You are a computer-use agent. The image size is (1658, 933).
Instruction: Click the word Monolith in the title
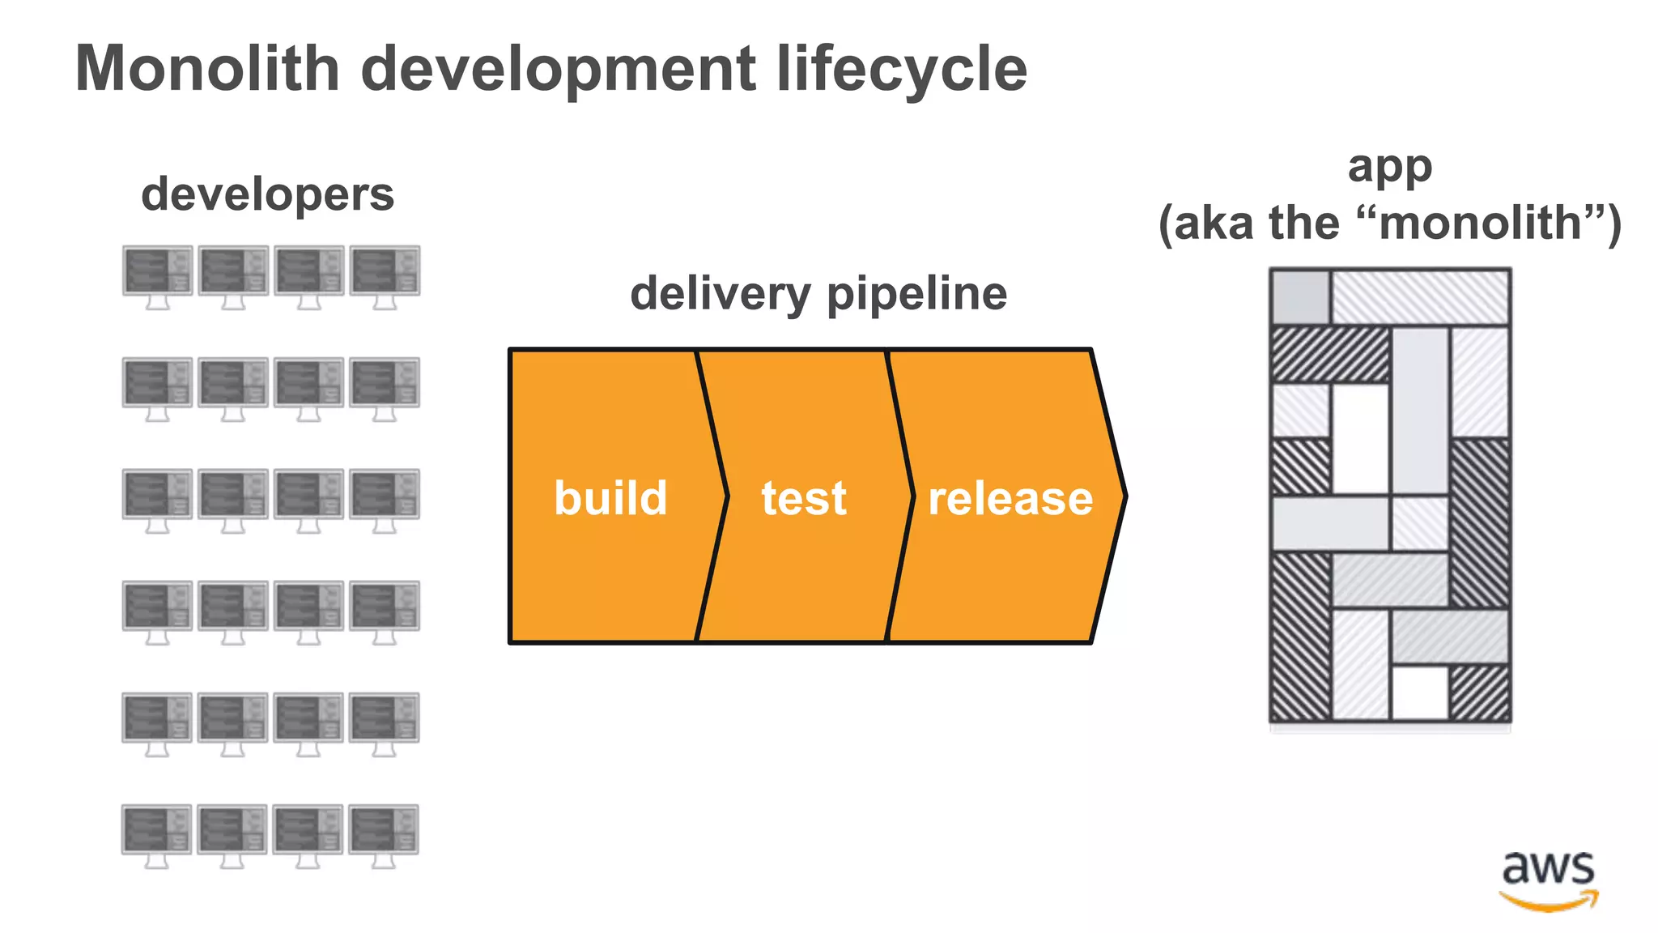click(x=207, y=69)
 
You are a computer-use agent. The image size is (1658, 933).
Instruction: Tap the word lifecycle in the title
click(x=901, y=69)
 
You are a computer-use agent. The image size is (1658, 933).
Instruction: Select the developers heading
click(x=267, y=194)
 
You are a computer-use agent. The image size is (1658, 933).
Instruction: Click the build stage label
click(x=610, y=497)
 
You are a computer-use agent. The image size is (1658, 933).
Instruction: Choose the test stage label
click(x=803, y=497)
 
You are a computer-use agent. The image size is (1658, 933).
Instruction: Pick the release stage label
click(x=1010, y=497)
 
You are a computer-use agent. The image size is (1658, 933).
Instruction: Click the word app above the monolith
click(x=1389, y=168)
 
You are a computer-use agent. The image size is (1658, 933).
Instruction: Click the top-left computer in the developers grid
click(x=157, y=276)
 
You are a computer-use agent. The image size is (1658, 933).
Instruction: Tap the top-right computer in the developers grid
click(x=385, y=276)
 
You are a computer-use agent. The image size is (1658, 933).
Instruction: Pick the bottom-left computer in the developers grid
click(x=156, y=835)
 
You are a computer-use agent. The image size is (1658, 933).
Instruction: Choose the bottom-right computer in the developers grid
click(x=384, y=835)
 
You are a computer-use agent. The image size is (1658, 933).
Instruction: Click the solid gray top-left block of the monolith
click(x=1300, y=297)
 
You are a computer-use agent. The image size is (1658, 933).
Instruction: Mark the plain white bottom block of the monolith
click(x=1419, y=692)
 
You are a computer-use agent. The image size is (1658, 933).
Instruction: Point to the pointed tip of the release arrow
click(x=1124, y=496)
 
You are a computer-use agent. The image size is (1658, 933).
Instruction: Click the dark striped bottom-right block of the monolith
click(x=1479, y=692)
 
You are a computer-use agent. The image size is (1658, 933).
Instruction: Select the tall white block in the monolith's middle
click(x=1360, y=439)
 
